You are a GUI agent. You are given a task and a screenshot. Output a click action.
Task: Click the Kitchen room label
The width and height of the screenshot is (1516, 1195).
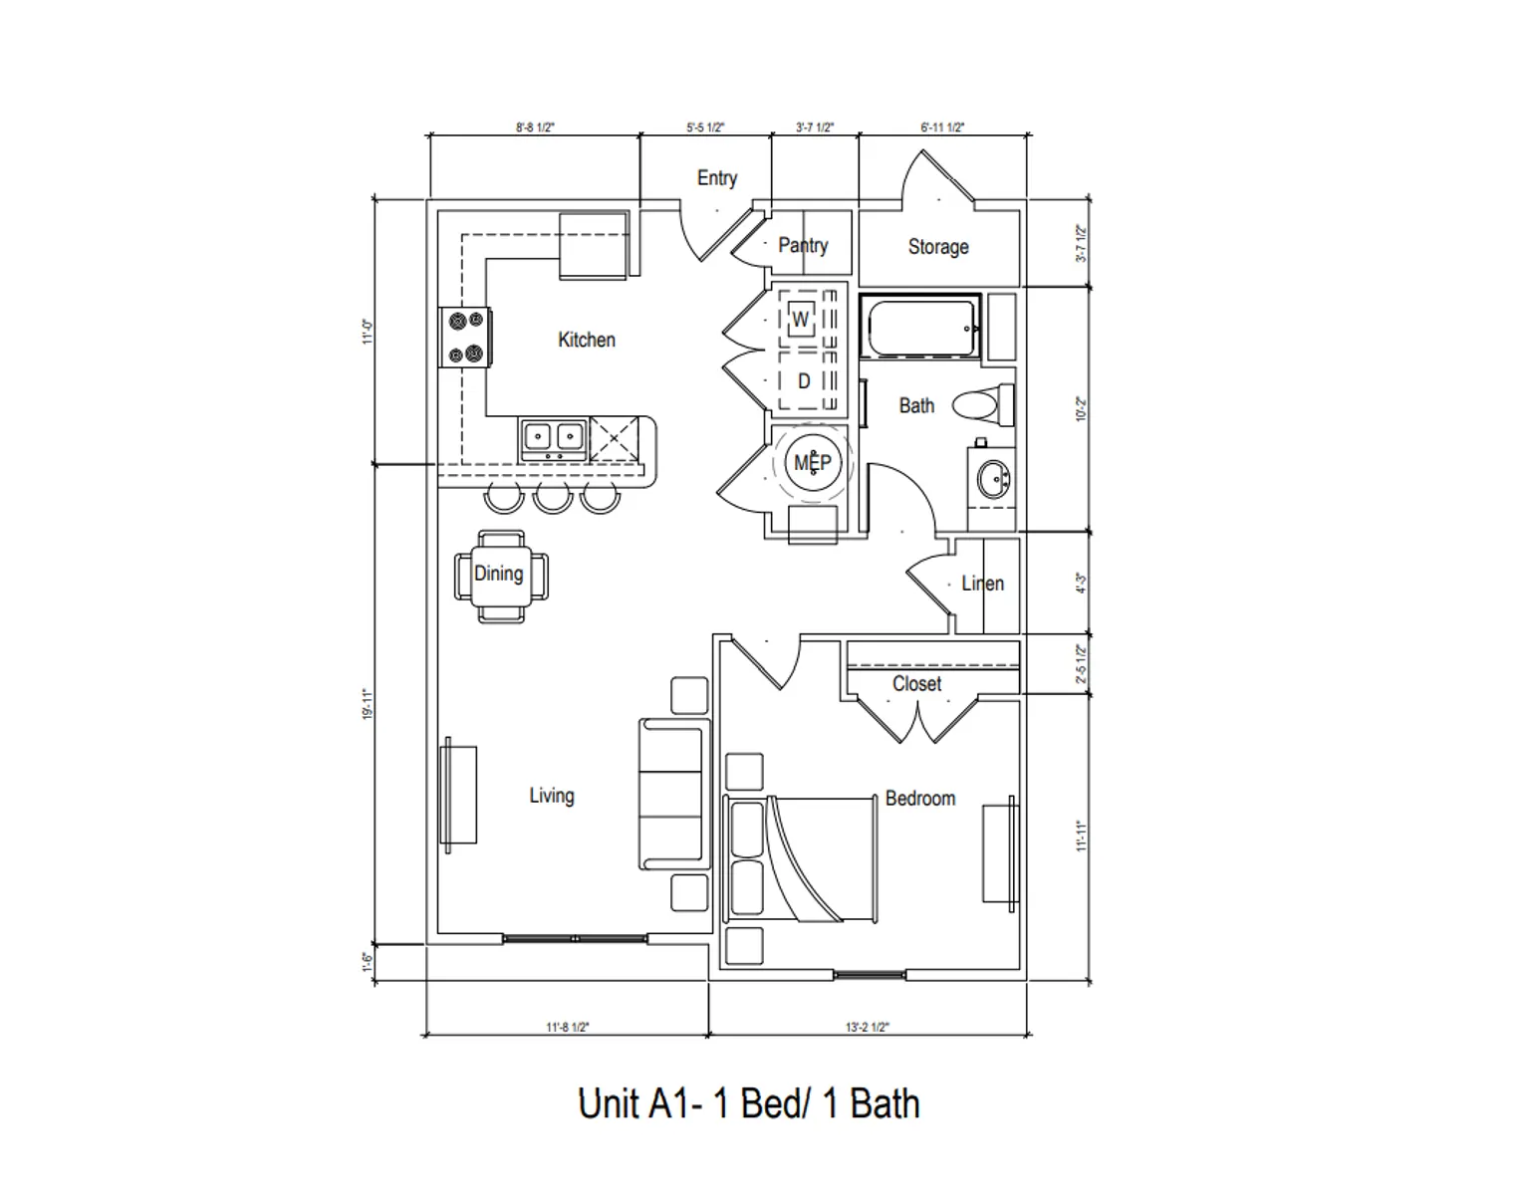tap(586, 340)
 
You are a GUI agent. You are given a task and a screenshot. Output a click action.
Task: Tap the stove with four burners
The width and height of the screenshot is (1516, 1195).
tap(465, 337)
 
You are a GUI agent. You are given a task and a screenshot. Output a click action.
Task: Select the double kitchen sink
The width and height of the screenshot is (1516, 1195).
tap(553, 437)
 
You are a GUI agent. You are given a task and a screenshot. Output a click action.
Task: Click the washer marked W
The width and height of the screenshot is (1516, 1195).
tap(801, 320)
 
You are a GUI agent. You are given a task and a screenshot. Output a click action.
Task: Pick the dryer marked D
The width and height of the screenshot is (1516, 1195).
tap(804, 381)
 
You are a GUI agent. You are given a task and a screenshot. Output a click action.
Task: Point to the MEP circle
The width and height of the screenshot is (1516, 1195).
tap(812, 462)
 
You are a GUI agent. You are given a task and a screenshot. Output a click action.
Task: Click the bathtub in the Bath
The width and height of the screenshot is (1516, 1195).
tap(920, 327)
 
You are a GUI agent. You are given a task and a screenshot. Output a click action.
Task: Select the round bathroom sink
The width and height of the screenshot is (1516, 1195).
tap(993, 481)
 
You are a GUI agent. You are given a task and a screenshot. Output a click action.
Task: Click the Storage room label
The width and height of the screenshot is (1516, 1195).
tap(937, 246)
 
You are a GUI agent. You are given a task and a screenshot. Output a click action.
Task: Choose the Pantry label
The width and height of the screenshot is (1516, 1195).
tap(803, 245)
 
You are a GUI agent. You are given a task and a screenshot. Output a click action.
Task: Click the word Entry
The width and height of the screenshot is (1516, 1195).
tap(716, 178)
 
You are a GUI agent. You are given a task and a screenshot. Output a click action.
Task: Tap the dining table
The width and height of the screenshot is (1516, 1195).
tap(500, 576)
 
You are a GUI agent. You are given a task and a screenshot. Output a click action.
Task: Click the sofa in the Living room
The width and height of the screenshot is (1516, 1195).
tap(673, 794)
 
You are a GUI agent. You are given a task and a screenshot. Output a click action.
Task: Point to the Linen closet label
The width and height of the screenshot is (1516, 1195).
tap(982, 584)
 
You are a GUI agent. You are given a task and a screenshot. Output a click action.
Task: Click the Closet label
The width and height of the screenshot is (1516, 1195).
tap(916, 684)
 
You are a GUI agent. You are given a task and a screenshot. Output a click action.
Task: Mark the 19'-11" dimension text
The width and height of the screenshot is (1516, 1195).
tap(368, 704)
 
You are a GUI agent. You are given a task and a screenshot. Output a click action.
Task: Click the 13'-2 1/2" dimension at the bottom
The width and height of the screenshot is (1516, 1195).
tap(867, 1028)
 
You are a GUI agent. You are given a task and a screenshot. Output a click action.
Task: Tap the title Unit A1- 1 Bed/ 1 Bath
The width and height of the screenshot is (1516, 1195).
tap(748, 1103)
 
